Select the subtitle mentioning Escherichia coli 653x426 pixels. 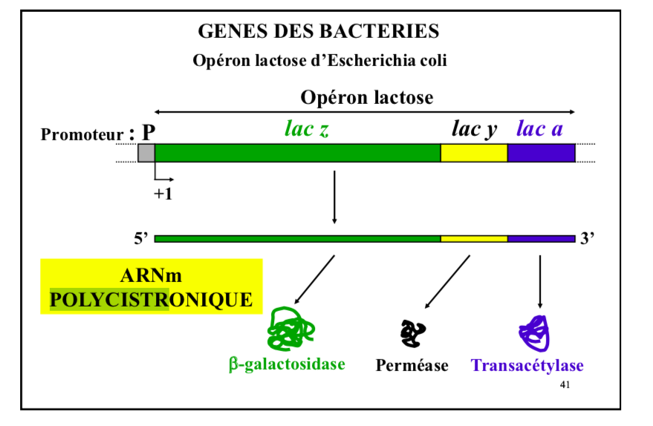(319, 60)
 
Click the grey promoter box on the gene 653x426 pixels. (146, 153)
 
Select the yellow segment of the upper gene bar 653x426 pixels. (474, 153)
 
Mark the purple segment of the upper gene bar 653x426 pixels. (541, 153)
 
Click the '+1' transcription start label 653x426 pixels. (163, 195)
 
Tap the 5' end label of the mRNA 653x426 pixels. (141, 238)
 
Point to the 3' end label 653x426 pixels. (587, 238)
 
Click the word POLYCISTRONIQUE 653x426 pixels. (151, 300)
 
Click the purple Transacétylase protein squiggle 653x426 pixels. (534, 332)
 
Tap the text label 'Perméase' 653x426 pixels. (412, 365)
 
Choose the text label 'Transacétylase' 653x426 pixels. (527, 365)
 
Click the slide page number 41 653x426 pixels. (565, 384)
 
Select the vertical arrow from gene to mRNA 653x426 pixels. (334, 197)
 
